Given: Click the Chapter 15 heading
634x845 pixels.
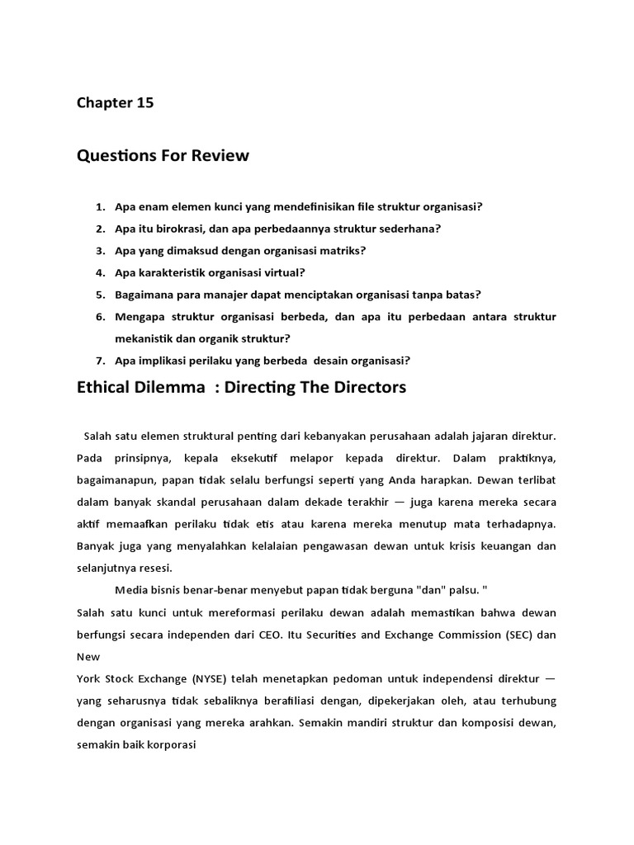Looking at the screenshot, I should click(115, 103).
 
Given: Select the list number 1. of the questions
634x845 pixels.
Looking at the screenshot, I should click(101, 206).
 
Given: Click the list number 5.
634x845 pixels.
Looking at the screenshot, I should click(101, 295).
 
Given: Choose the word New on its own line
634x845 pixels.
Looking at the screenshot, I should click(88, 657).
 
